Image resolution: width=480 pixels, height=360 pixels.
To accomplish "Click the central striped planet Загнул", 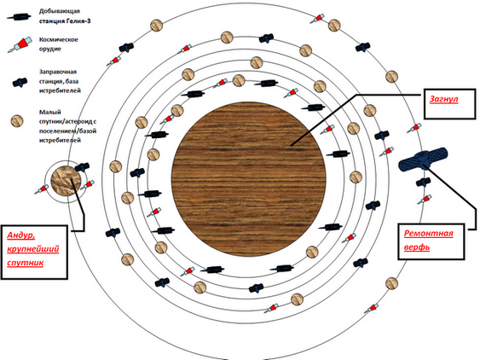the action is coord(249,179).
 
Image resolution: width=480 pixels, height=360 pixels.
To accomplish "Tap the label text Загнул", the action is coord(443,99).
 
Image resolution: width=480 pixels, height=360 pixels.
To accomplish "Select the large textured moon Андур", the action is coord(66,181).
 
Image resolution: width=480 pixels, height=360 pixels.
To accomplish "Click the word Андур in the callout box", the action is coord(20,235).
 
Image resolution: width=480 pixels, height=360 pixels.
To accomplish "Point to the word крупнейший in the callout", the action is coord(33,249).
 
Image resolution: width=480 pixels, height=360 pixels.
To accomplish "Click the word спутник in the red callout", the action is coord(25,263).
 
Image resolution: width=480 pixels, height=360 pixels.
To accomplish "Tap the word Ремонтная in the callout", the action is coord(428,234).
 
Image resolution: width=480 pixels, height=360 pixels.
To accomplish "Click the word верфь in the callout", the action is coord(417,247).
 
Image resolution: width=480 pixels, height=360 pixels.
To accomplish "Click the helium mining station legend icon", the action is coord(19,17).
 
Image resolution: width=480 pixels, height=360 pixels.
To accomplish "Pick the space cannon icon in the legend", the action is coord(20,44).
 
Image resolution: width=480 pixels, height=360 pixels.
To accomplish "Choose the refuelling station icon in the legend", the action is coord(20,83).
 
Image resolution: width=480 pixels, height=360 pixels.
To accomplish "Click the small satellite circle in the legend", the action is coord(17,121).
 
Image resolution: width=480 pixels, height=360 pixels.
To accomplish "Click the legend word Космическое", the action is coord(59,39).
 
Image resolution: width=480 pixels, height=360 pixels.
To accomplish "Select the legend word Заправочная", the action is coord(58,72).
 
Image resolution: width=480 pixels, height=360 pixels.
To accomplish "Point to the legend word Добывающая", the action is coord(60,11).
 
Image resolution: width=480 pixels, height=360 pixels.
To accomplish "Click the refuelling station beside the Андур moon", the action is coord(82,167).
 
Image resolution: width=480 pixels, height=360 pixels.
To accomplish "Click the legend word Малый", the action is coord(50,112).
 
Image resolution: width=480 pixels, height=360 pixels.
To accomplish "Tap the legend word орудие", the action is coord(50,49).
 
